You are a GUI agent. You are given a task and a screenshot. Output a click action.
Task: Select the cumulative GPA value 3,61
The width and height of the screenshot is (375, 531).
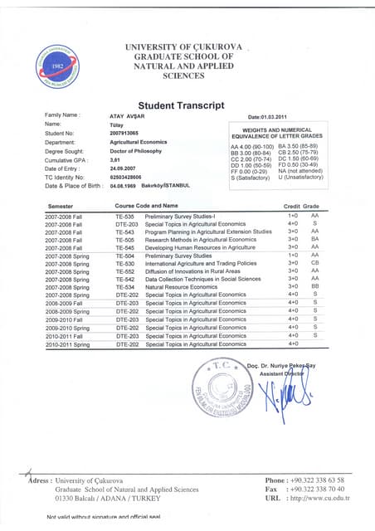pos(116,159)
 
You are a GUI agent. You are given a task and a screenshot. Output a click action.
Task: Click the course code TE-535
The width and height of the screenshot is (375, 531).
pos(125,215)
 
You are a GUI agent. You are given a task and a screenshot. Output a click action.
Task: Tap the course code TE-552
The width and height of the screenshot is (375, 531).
pos(125,270)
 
